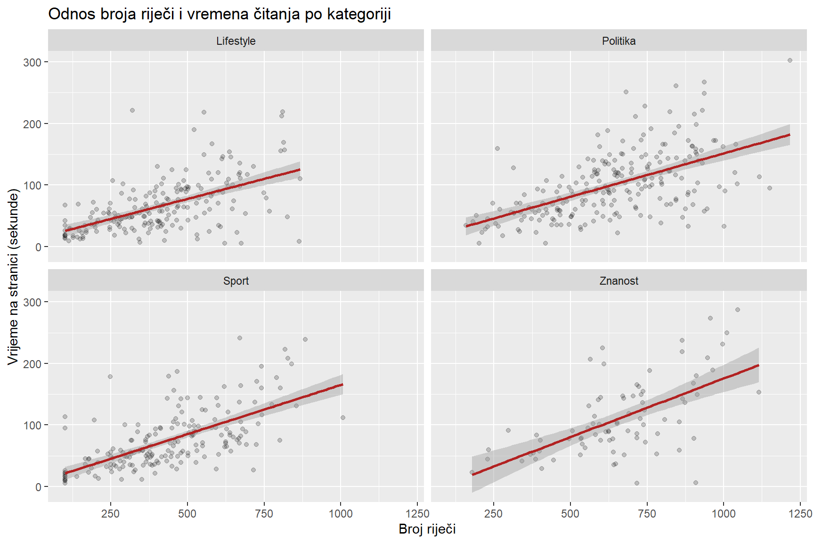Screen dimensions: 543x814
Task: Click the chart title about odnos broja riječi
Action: coord(220,14)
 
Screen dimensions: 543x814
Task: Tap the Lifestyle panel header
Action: coord(236,41)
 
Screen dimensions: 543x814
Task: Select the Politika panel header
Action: coord(619,41)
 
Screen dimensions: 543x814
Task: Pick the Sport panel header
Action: coord(236,281)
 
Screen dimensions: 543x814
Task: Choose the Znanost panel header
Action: coord(619,281)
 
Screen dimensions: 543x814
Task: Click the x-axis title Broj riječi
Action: coord(427,529)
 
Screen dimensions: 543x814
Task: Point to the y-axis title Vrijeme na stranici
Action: coord(13,277)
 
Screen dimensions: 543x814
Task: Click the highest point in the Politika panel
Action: coord(790,60)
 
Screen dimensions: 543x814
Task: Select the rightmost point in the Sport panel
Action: coord(343,418)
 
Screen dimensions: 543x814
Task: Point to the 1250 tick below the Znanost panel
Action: coord(800,513)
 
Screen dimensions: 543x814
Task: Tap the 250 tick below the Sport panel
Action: coord(111,513)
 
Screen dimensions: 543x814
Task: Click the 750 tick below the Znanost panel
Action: coord(647,513)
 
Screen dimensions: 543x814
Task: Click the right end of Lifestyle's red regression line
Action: coord(300,170)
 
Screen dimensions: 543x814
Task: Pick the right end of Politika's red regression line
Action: coord(790,135)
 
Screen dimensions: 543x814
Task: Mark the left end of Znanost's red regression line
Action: coord(472,475)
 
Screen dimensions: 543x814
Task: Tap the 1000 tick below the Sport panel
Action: coord(341,513)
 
